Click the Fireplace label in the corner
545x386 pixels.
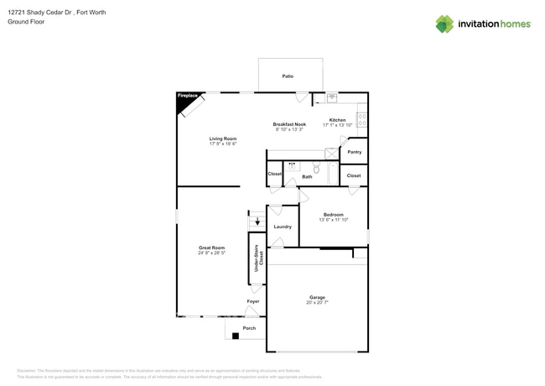coord(187,96)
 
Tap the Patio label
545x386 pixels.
coord(288,76)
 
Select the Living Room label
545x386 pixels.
coord(223,138)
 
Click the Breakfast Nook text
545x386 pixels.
coord(289,124)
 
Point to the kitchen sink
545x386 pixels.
coord(331,96)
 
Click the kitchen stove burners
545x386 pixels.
coord(362,120)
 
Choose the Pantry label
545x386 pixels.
coord(355,152)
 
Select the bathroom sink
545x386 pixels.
coord(292,166)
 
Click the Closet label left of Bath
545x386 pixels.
coord(275,175)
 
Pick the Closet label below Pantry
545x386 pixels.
coord(354,175)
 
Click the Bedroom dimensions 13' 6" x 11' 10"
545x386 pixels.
coord(334,220)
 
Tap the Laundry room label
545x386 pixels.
coord(283,227)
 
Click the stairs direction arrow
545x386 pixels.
coord(257,223)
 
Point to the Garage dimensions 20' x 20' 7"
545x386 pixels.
coord(317,303)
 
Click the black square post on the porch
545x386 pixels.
coord(236,336)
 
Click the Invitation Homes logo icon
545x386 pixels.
coord(444,23)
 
